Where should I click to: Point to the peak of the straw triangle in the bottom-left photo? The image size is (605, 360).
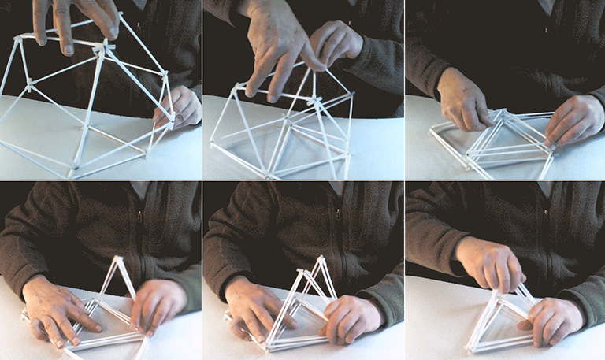click(118, 258)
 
